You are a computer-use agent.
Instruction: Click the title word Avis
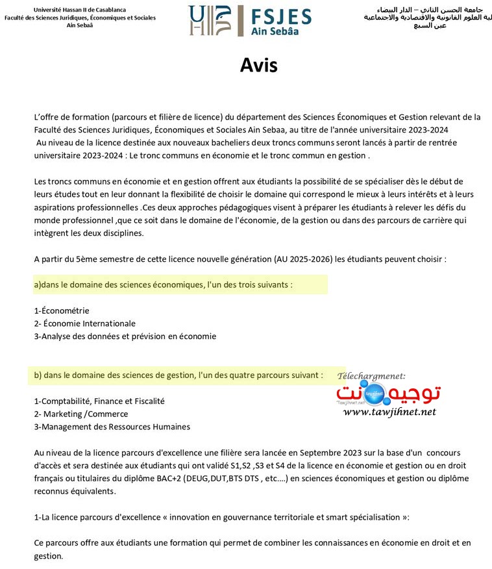point(258,65)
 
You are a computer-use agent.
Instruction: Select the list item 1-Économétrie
point(62,310)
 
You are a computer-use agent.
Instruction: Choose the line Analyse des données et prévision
point(125,336)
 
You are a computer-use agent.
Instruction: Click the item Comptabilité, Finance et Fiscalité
point(99,401)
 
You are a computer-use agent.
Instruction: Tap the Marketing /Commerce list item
point(81,414)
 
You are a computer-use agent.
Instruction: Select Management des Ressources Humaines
point(112,427)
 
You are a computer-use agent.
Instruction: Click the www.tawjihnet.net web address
point(389,412)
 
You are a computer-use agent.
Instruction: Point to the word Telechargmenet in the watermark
point(371,376)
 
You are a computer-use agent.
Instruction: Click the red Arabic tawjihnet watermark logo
point(389,393)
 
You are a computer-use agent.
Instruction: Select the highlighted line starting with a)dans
point(163,284)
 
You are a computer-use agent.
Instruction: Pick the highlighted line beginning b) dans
point(178,375)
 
